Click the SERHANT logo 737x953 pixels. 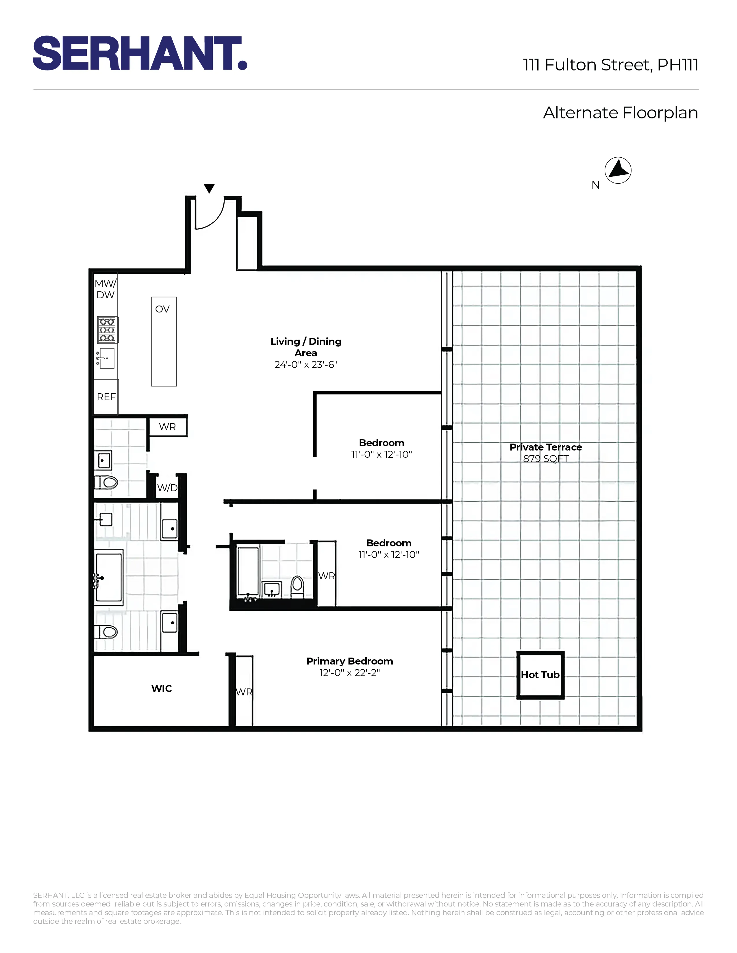(x=140, y=53)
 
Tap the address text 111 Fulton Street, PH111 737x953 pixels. (x=610, y=65)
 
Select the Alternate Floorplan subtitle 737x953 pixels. (x=620, y=113)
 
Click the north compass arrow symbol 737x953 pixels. (x=618, y=170)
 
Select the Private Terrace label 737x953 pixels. (x=545, y=447)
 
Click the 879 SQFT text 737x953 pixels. (x=545, y=459)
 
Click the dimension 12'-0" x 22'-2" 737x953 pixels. (x=349, y=673)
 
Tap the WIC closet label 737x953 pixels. (x=162, y=688)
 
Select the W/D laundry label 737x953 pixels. (x=167, y=488)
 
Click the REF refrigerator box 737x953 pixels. (x=106, y=397)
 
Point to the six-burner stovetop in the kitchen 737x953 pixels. (x=107, y=330)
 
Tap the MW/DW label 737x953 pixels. (x=105, y=289)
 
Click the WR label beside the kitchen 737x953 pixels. (x=167, y=427)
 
